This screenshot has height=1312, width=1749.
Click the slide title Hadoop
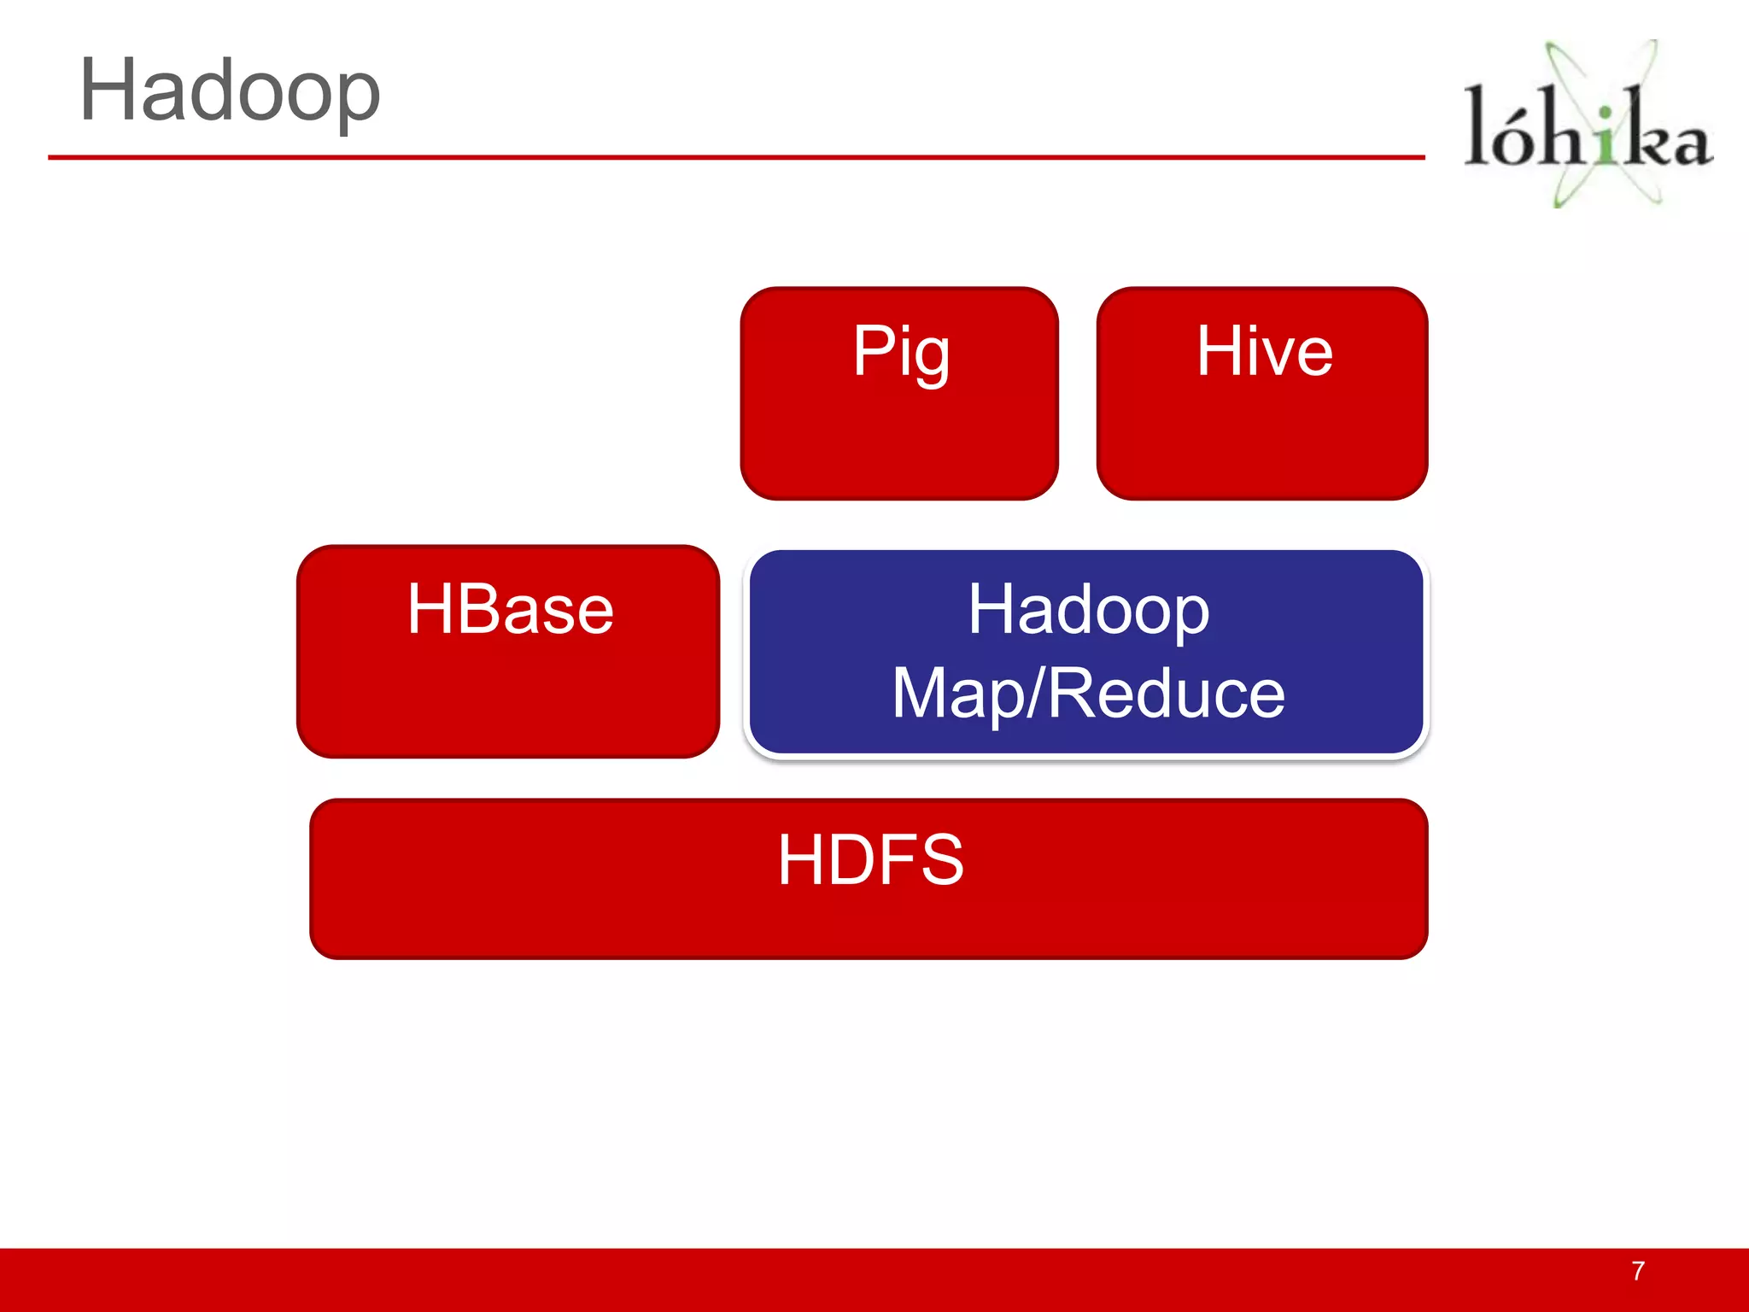[x=229, y=91]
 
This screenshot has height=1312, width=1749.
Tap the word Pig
[x=901, y=352]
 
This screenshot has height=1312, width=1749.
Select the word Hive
[x=1264, y=351]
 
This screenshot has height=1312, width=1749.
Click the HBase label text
[x=510, y=609]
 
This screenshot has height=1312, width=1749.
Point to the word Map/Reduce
[x=1088, y=694]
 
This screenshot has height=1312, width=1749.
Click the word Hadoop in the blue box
[x=1088, y=610]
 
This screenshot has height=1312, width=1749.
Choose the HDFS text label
[x=870, y=859]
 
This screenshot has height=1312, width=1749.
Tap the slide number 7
[x=1637, y=1271]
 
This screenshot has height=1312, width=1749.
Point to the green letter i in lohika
[x=1606, y=137]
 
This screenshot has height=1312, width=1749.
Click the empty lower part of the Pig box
[x=899, y=448]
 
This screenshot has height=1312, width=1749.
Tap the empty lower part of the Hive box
[x=1262, y=448]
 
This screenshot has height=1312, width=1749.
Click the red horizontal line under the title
[x=734, y=157]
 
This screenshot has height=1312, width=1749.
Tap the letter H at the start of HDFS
[x=800, y=859]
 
